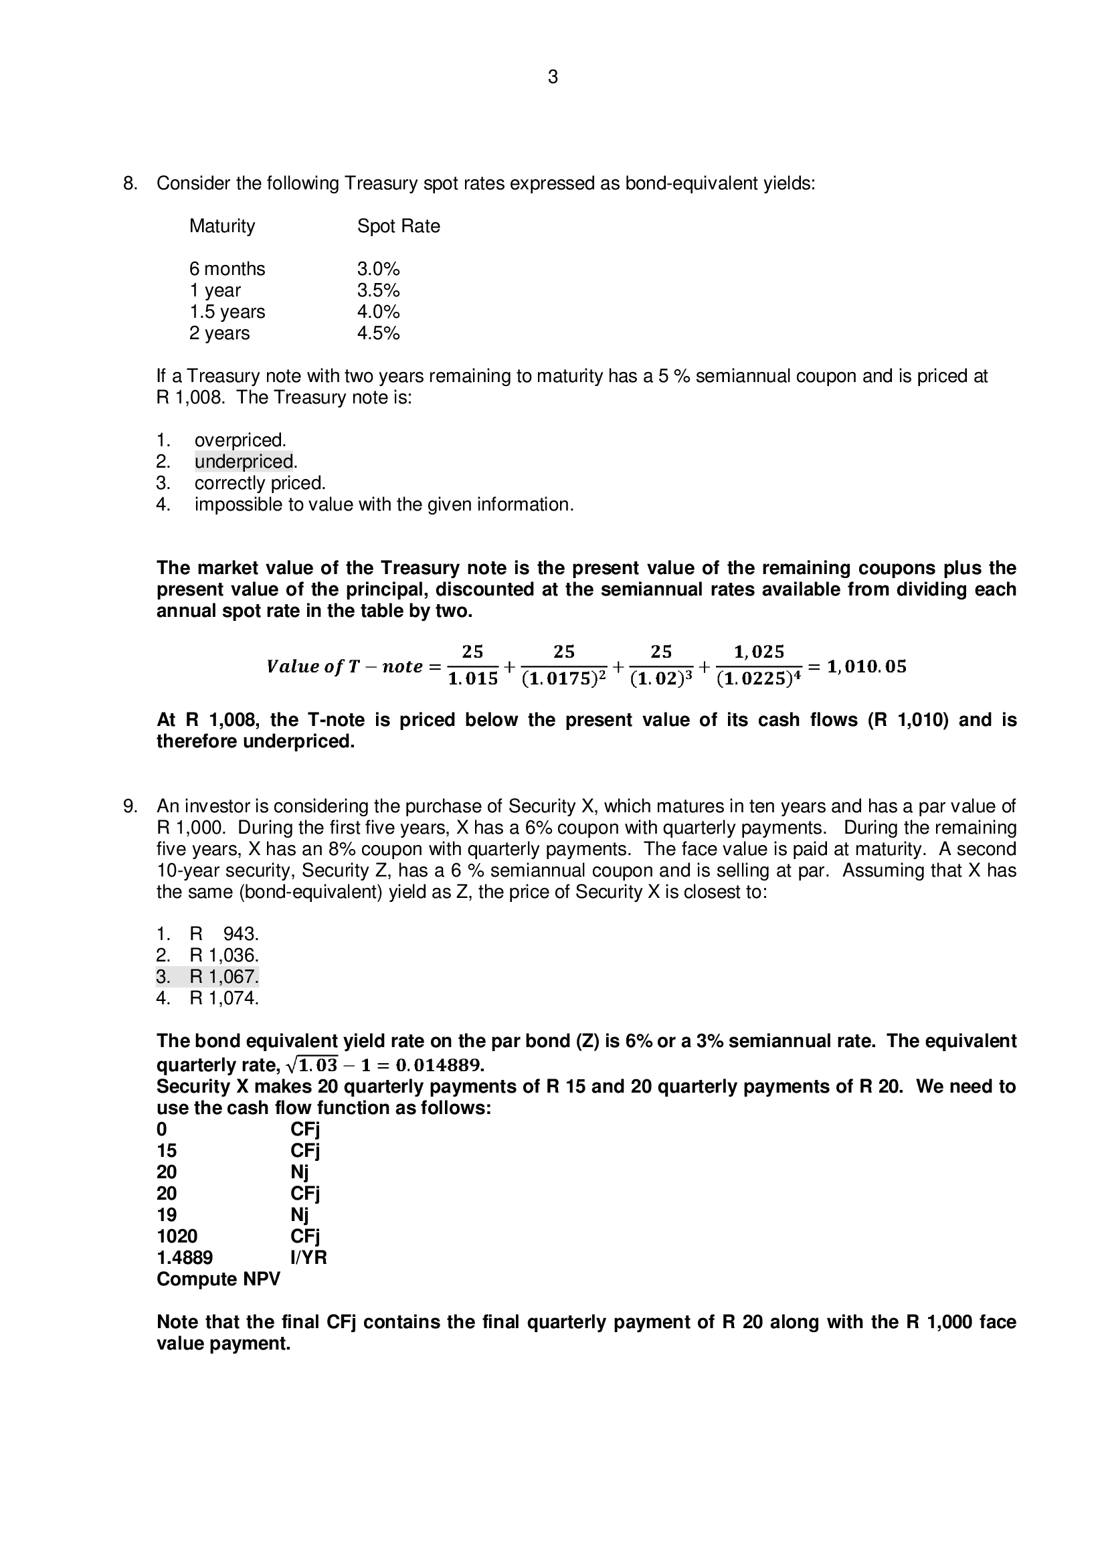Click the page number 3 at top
[552, 78]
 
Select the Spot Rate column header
[398, 226]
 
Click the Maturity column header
[221, 226]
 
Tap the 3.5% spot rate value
[377, 290]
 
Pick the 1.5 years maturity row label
[227, 312]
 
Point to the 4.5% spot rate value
[377, 333]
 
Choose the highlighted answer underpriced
[244, 462]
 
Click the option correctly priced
[260, 483]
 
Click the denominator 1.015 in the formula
[472, 680]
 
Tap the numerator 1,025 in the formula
[759, 652]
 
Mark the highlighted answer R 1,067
[223, 977]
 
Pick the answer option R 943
[223, 934]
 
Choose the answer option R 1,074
[223, 998]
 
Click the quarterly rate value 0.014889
[439, 1065]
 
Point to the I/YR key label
[308, 1258]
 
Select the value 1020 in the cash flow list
[177, 1236]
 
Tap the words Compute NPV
[218, 1279]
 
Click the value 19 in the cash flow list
[167, 1214]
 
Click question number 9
[130, 806]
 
